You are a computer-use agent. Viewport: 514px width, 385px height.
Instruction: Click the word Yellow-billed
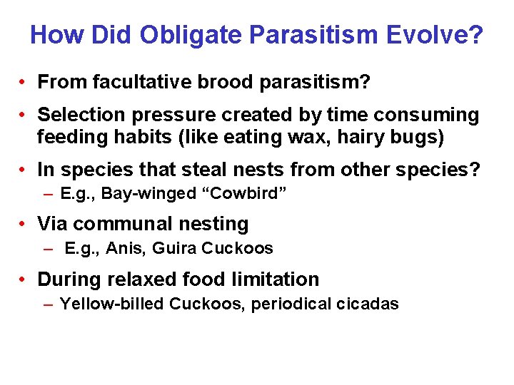112,304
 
